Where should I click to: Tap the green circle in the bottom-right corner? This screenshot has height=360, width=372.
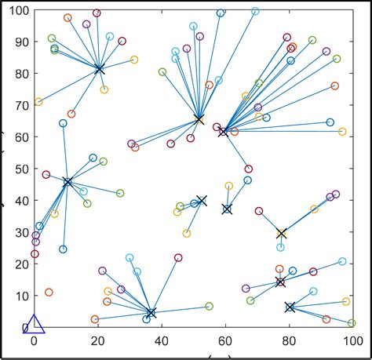click(352, 323)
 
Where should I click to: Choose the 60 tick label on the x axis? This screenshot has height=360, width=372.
click(224, 343)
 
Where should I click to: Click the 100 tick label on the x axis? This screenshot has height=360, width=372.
click(351, 343)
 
